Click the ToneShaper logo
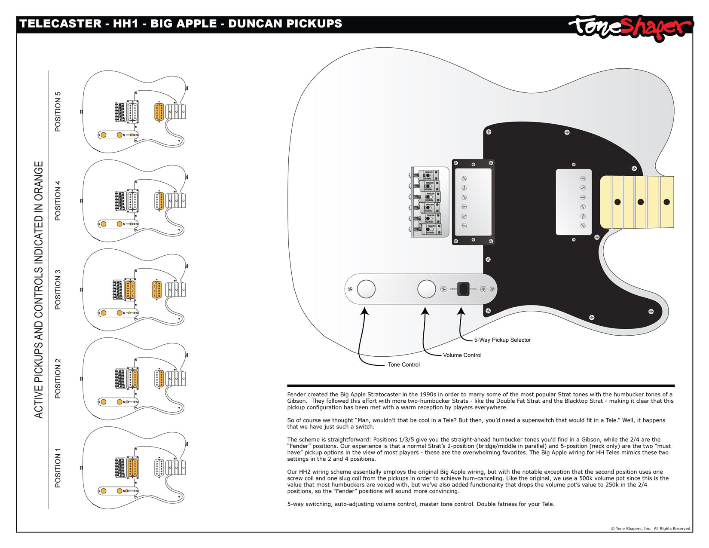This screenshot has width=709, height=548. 630,28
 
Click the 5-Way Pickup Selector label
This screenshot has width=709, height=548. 502,340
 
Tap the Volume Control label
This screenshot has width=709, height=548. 462,355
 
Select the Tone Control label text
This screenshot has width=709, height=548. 403,364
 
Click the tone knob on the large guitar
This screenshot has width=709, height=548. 366,289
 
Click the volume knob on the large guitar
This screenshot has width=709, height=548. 427,289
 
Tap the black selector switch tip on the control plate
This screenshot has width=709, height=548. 463,289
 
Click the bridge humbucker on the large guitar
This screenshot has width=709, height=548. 473,202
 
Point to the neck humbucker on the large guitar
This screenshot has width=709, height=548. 574,202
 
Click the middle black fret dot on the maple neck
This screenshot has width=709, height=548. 640,202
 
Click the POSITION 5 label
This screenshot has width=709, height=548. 58,112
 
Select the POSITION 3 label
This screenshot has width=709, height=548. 58,289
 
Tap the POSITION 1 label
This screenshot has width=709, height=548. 58,468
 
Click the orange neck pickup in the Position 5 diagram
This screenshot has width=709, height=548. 159,112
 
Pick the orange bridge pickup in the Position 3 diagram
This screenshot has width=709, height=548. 130,289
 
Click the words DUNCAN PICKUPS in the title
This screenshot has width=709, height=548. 285,24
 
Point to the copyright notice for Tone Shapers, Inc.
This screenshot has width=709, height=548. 650,529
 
